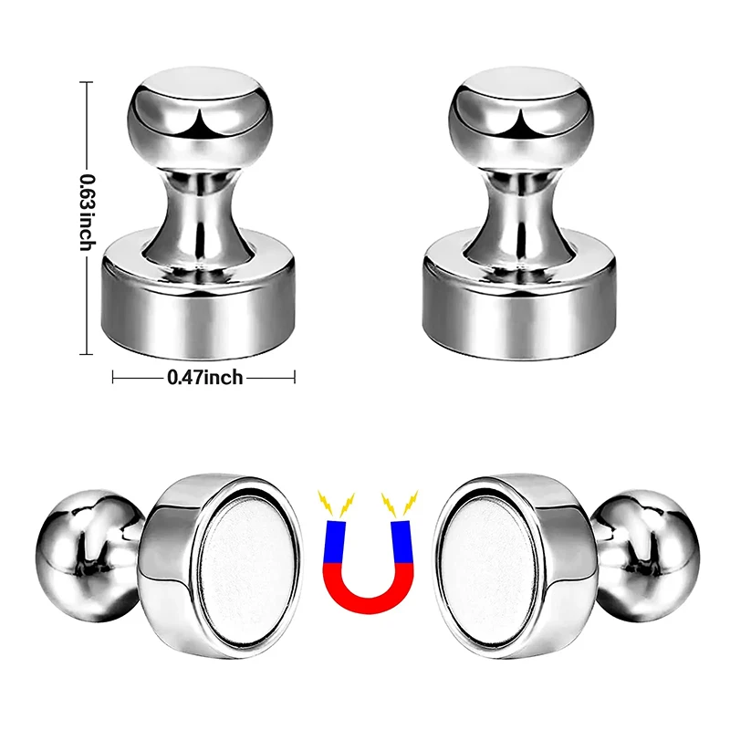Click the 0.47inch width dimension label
[205, 376]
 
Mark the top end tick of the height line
[88, 82]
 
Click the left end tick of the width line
[112, 376]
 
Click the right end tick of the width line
[295, 376]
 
